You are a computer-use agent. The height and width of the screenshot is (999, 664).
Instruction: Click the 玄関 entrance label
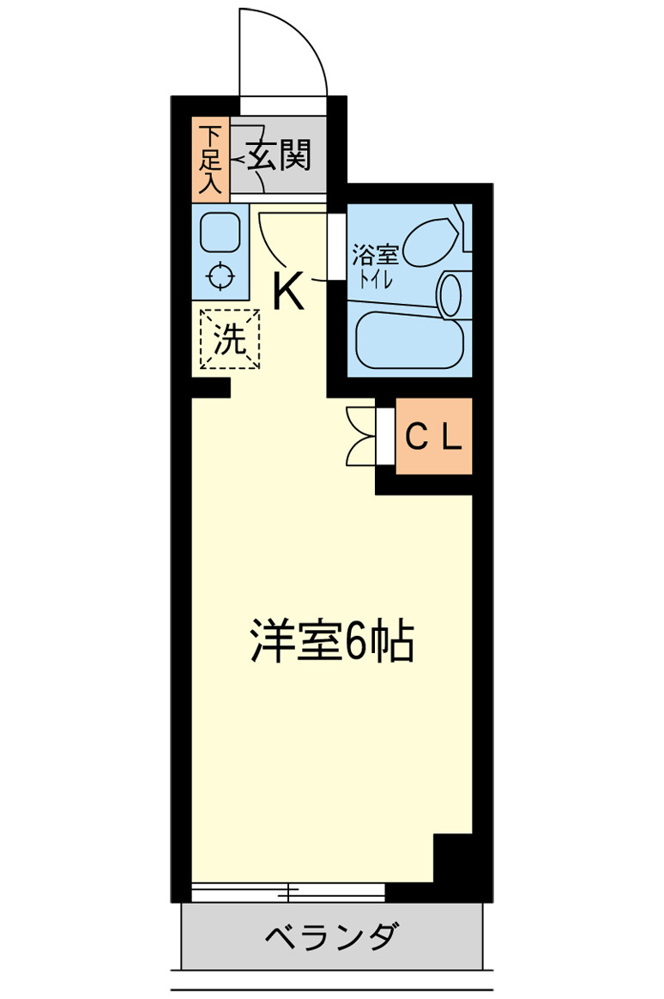click(x=280, y=156)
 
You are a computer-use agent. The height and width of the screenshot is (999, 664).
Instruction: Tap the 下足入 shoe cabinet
click(x=210, y=159)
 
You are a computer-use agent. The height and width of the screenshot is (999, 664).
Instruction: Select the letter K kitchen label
click(x=288, y=290)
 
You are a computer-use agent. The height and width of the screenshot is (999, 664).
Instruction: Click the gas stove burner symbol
click(x=221, y=276)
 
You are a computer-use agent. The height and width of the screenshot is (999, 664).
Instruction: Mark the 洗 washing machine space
click(x=229, y=339)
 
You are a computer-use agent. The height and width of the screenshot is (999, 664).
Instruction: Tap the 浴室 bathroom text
click(x=375, y=255)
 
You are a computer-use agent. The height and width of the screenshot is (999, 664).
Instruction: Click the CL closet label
click(x=433, y=439)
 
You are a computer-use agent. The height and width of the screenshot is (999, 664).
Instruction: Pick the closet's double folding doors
click(x=362, y=436)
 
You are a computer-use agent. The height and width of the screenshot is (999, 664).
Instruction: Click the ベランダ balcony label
click(x=331, y=936)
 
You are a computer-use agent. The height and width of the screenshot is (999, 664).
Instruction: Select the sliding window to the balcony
click(x=288, y=893)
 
